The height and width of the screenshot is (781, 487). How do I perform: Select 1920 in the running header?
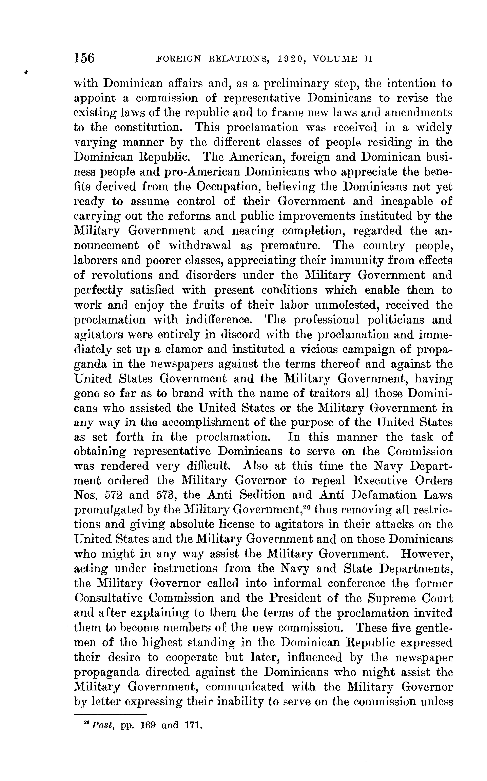291,59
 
